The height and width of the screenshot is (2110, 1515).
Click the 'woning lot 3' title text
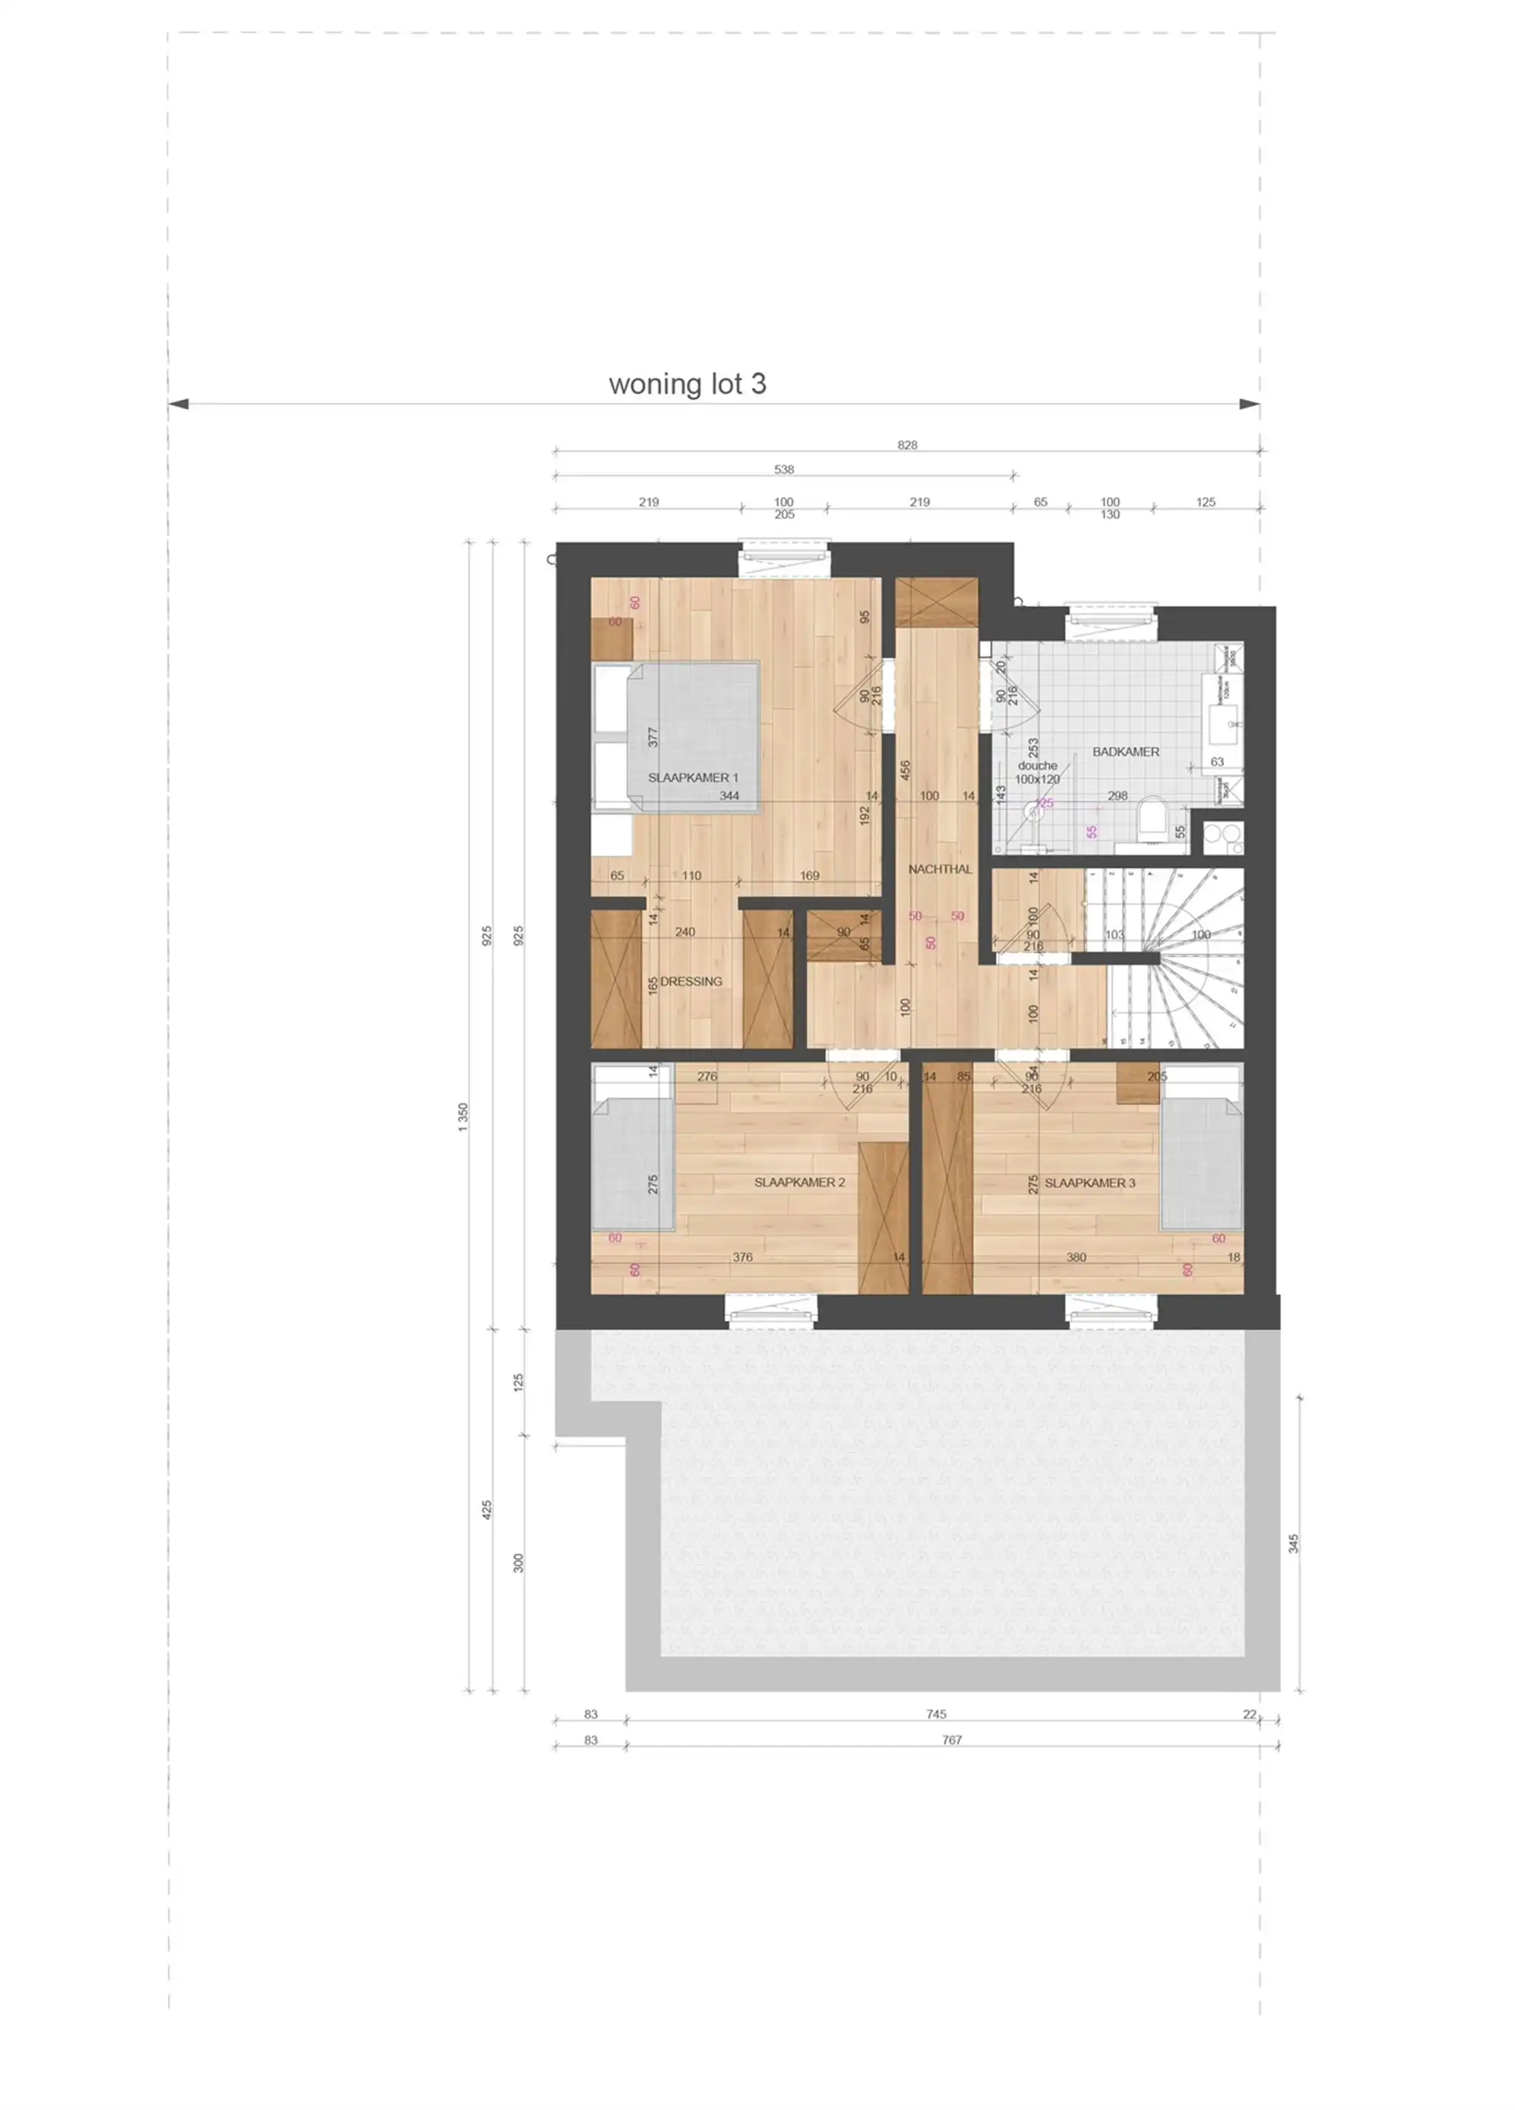click(x=687, y=384)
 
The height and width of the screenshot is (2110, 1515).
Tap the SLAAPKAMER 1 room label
click(x=692, y=778)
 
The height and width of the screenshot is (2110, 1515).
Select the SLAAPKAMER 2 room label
click(x=799, y=1182)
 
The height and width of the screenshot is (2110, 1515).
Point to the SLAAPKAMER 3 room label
click(x=1090, y=1184)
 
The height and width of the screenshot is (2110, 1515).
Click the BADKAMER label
click(x=1125, y=752)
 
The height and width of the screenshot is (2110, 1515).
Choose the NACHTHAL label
click(x=940, y=869)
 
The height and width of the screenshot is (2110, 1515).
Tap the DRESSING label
click(x=691, y=982)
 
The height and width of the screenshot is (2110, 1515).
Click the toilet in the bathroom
click(x=1152, y=819)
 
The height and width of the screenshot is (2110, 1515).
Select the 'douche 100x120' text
click(x=1037, y=773)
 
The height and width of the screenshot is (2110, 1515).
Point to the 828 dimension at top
click(x=907, y=445)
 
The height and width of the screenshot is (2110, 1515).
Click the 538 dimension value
click(x=783, y=470)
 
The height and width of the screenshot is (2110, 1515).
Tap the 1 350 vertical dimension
click(x=464, y=1116)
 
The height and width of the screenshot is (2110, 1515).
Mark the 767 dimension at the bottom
click(x=951, y=1740)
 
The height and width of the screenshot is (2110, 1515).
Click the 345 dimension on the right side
click(x=1292, y=1544)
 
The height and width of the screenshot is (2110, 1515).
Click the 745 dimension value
click(x=936, y=1714)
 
